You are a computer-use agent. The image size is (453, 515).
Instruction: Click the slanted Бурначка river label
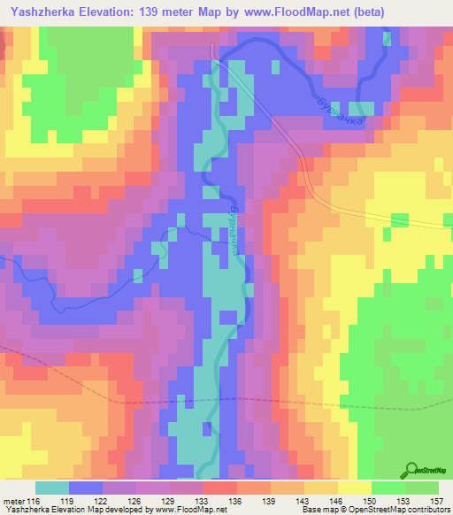click(336, 109)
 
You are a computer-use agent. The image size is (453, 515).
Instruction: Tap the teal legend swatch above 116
click(52, 488)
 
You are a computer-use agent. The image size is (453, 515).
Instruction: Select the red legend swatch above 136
click(220, 488)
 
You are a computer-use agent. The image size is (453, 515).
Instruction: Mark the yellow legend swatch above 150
click(355, 488)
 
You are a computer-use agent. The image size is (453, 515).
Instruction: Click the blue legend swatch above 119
click(86, 488)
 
